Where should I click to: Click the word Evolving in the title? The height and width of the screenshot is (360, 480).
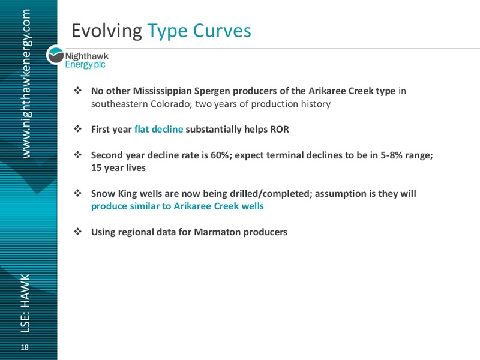[107, 31]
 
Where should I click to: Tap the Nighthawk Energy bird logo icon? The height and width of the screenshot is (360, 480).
[55, 56]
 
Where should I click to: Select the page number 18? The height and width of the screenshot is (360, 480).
[25, 347]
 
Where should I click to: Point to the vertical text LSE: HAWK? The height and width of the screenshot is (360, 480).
[25, 303]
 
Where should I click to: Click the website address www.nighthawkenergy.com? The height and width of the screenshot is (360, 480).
[26, 83]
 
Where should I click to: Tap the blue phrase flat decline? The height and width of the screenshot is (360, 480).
[158, 129]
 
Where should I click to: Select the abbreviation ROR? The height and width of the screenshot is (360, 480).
[280, 129]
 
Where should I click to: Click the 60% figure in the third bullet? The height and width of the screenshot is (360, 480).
[220, 155]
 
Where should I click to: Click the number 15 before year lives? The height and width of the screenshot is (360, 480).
[96, 168]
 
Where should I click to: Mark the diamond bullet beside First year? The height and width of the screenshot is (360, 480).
[78, 129]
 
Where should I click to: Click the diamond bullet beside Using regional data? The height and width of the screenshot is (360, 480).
[78, 232]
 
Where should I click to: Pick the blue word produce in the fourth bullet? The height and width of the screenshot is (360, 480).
[109, 206]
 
